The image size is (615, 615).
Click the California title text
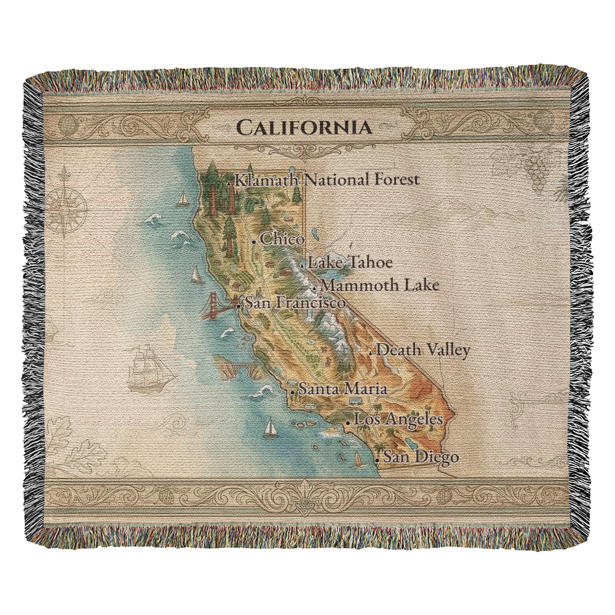(x=304, y=127)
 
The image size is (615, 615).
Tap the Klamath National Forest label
(x=327, y=180)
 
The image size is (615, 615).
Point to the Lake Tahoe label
(x=350, y=263)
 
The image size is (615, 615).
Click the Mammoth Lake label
(x=380, y=285)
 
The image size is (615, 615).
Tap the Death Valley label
(x=423, y=350)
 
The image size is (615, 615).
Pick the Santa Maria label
(x=343, y=389)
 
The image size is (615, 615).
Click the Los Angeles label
(x=399, y=420)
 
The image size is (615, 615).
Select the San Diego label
(x=421, y=457)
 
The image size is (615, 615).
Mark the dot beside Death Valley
(x=371, y=353)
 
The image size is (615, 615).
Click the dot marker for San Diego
(x=377, y=459)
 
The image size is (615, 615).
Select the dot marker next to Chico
(x=254, y=242)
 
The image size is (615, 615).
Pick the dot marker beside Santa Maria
(x=293, y=392)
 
